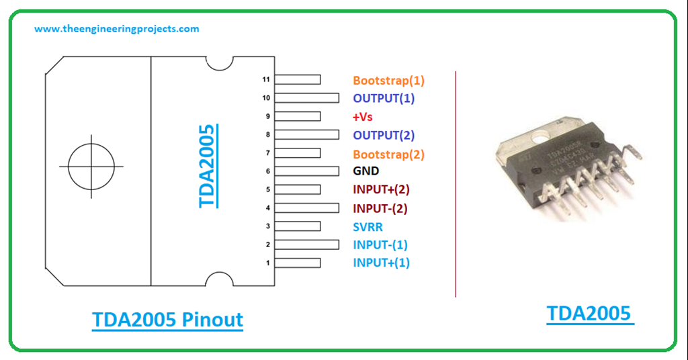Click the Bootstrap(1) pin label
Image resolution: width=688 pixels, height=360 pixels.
(x=389, y=81)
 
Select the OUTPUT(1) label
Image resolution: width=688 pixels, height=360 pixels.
(x=384, y=98)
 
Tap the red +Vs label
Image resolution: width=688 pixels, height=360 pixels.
(x=363, y=117)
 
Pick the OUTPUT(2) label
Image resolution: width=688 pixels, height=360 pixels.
(x=384, y=135)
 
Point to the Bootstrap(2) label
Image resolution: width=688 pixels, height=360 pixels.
(x=389, y=154)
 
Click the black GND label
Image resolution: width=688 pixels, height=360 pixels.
(x=366, y=171)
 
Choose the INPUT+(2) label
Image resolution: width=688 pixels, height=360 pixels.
(x=381, y=189)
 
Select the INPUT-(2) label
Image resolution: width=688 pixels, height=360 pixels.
(x=380, y=208)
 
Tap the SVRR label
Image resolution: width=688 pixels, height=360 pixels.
(x=368, y=227)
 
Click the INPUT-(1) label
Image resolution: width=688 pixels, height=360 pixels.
(x=380, y=244)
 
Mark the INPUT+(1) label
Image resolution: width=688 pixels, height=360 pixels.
(x=381, y=263)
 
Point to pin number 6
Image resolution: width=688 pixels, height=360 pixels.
(x=267, y=171)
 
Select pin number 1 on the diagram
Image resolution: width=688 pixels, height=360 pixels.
(x=267, y=263)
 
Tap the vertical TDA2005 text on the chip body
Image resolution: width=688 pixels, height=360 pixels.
(x=208, y=166)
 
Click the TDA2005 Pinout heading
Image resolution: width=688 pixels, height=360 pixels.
(x=167, y=320)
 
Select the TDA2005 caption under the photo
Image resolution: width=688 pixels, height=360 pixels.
(x=589, y=314)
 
